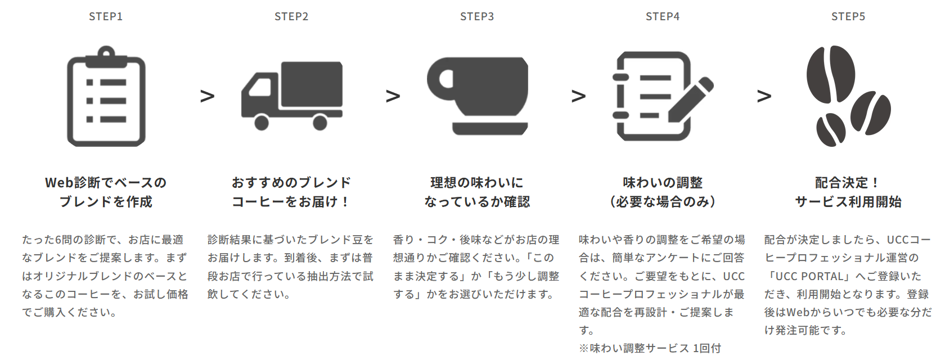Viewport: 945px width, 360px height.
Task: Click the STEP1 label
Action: [106, 17]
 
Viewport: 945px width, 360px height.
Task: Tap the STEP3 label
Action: [477, 17]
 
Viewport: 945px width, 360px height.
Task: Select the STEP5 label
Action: [848, 17]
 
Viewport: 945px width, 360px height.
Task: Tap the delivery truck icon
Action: [292, 96]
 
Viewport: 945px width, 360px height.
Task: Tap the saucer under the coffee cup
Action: [490, 128]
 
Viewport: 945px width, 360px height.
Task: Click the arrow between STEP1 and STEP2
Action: [207, 96]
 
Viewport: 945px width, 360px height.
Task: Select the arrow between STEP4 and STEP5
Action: [764, 96]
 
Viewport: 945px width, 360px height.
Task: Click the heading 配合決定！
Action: [848, 183]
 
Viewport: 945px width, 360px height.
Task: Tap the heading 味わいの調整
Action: [663, 183]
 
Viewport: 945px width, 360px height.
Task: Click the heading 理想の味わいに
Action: [477, 183]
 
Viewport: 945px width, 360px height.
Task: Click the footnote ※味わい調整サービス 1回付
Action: [650, 348]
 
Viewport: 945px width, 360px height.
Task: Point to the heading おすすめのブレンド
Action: [291, 183]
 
